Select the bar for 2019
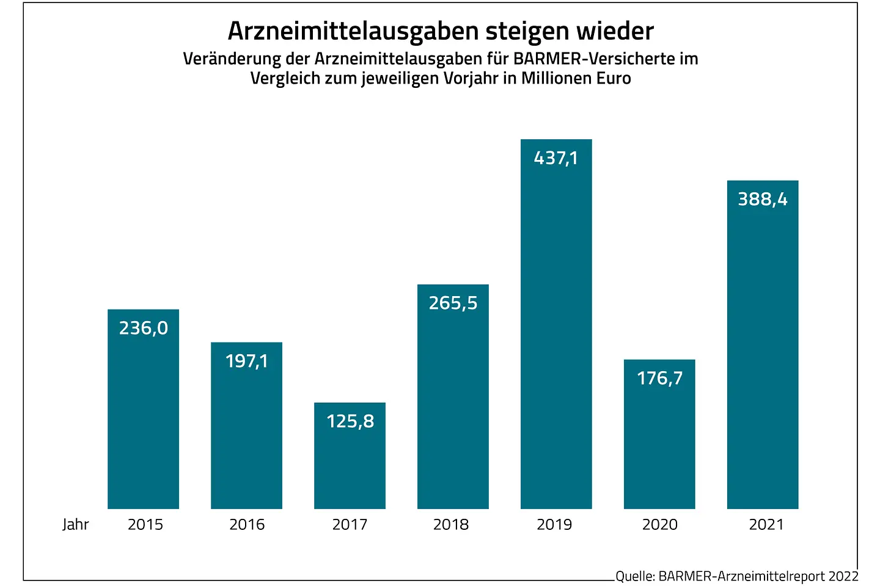tap(556, 330)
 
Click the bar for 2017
tap(350, 464)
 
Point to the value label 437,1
tap(555, 158)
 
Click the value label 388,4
tap(763, 199)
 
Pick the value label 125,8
tap(350, 421)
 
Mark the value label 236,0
tap(144, 328)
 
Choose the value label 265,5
tap(453, 303)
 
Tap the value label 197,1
tap(247, 361)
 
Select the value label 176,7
tap(660, 378)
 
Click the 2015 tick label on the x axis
tap(145, 524)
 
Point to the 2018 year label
tap(451, 524)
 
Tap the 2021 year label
tap(766, 524)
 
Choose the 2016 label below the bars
tap(247, 524)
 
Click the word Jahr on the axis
tap(76, 524)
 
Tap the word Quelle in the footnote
tap(635, 576)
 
